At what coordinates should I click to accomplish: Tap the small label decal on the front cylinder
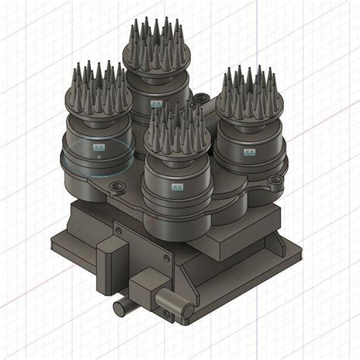point(178,185)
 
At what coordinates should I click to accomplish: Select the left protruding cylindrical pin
point(122,307)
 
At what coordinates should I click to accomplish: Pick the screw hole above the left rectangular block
point(117,226)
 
